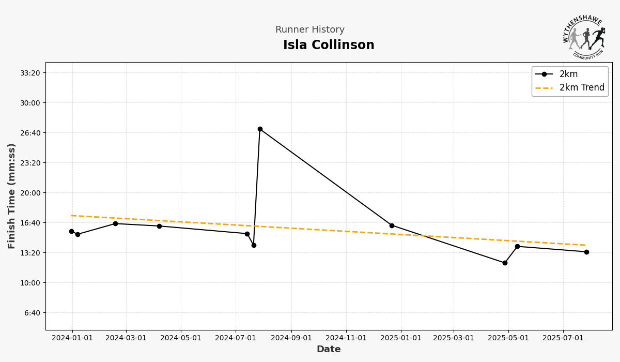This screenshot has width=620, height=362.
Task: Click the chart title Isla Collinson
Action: [x=329, y=46]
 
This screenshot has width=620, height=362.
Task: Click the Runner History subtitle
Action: [x=309, y=30]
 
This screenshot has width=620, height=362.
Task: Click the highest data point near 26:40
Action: [x=260, y=129]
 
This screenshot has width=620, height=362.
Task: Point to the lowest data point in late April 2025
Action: [x=505, y=263]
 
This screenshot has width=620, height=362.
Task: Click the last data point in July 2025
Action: [x=586, y=252]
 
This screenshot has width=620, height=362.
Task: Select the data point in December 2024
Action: [x=392, y=225]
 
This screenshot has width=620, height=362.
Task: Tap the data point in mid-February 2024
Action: [x=115, y=223]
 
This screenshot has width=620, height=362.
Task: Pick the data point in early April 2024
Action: [x=159, y=226]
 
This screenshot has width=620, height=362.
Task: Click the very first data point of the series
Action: [x=71, y=231]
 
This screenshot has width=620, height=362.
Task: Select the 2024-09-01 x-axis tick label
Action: [x=291, y=338]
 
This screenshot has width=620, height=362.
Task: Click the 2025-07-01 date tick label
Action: [x=563, y=338]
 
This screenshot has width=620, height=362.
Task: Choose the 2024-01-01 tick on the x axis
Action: [x=72, y=338]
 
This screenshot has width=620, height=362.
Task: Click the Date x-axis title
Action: [x=329, y=350]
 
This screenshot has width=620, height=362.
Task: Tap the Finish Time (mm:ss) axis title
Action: [x=12, y=196]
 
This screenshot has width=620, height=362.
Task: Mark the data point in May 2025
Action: [x=517, y=246]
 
